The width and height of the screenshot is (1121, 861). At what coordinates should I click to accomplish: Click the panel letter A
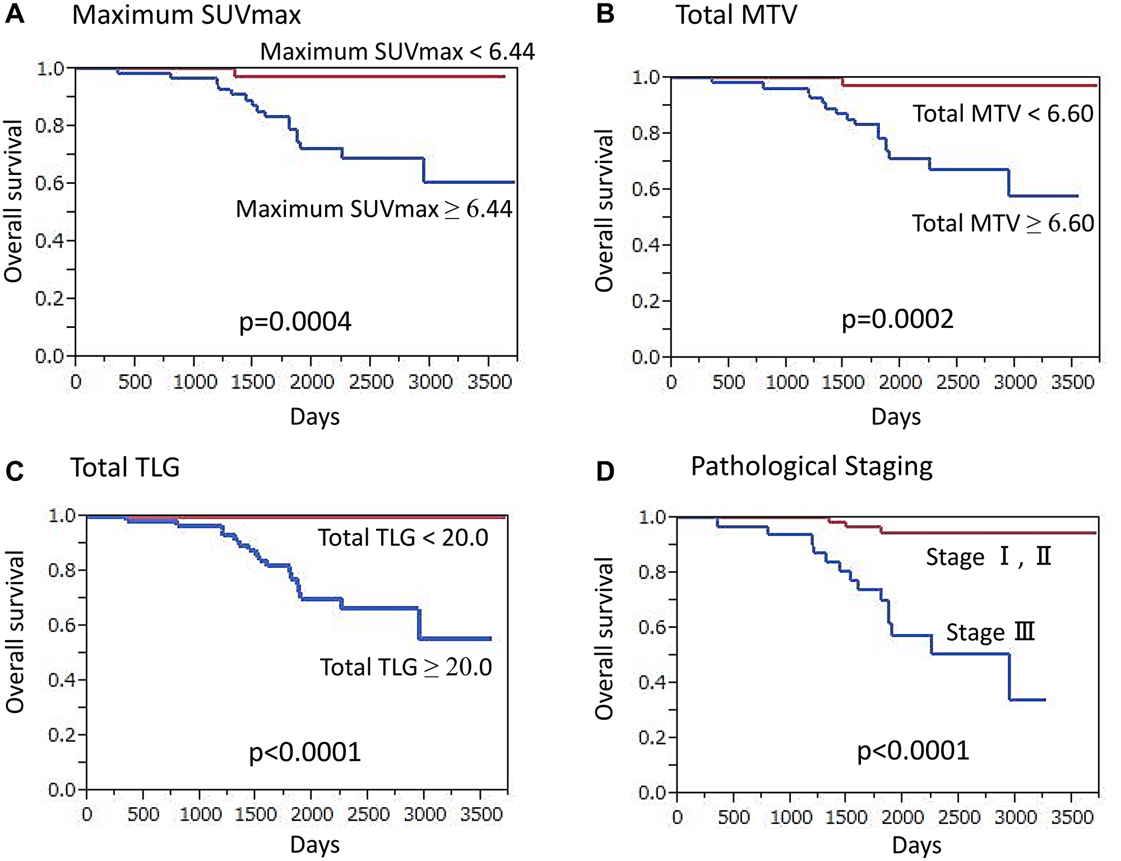coord(15,13)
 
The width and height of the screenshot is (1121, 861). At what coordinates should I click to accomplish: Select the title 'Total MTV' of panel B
coord(736,15)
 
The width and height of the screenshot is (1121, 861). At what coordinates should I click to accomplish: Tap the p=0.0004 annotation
coord(295,322)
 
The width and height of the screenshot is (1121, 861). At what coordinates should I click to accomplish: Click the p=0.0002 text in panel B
coord(897,319)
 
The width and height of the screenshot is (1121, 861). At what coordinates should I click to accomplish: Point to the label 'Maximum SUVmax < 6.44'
coord(397,52)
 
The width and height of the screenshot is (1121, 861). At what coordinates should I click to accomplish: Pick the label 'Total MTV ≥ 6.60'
coord(1003,223)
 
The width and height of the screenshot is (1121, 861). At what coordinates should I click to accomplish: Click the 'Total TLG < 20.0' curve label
coord(403,538)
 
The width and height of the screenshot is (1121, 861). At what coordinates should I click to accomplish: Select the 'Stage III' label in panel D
coord(990,632)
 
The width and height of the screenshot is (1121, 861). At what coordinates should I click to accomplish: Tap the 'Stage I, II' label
coord(988,557)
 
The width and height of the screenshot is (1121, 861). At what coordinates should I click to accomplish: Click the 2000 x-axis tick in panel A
coord(312,382)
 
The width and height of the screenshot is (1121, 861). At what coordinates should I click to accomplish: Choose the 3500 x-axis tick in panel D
coord(1072,817)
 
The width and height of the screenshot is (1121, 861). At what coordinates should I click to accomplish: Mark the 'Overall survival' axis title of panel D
coord(604,638)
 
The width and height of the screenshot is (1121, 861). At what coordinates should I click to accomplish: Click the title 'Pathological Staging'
coord(811,466)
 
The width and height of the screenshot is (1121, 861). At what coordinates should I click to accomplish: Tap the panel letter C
coord(15,471)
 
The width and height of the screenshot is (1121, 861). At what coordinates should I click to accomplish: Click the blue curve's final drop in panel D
coord(1009,677)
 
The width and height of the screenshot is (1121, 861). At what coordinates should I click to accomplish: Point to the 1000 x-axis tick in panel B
coord(787,382)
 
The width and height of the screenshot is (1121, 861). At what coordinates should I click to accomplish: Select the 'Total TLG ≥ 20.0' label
coord(406,667)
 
